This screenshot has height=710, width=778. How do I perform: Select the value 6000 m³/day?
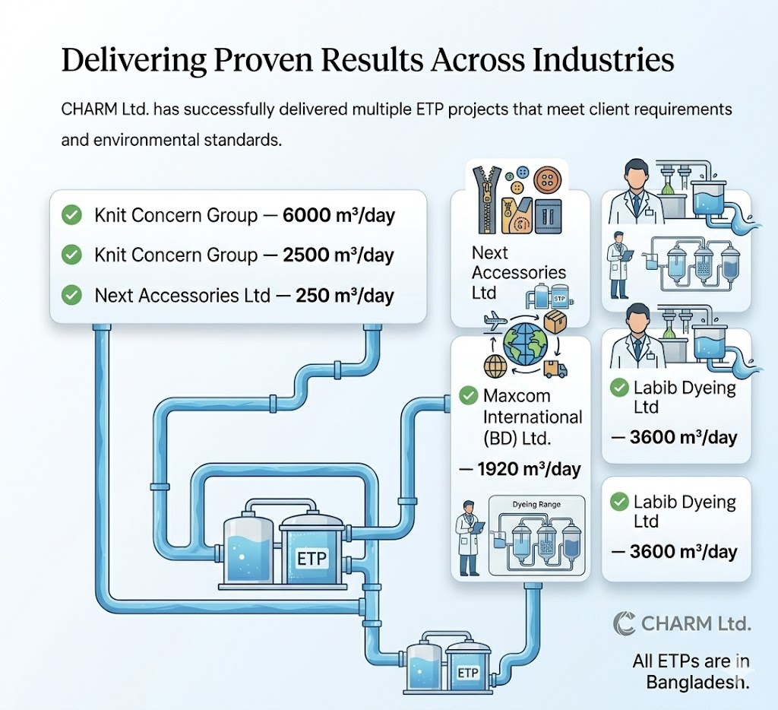[339, 215]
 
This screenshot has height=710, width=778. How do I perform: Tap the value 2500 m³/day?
[338, 255]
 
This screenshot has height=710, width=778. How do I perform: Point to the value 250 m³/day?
[345, 296]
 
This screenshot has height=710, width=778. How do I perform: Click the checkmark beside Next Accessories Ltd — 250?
[71, 295]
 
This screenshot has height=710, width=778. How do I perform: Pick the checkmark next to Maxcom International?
[468, 396]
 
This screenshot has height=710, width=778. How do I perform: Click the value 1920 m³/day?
[529, 469]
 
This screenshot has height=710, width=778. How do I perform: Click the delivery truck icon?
[555, 369]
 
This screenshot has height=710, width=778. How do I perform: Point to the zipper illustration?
[487, 200]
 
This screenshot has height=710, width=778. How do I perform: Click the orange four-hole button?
[547, 180]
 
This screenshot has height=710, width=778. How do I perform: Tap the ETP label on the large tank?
[311, 559]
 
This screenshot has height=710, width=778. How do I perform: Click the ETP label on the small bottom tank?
[467, 673]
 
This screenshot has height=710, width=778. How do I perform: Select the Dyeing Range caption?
[536, 505]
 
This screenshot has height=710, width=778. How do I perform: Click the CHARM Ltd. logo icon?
[624, 623]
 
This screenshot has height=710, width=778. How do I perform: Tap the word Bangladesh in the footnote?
[697, 683]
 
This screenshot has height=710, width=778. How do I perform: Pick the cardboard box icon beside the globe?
[555, 322]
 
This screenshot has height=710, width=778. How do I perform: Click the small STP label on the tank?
[558, 299]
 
